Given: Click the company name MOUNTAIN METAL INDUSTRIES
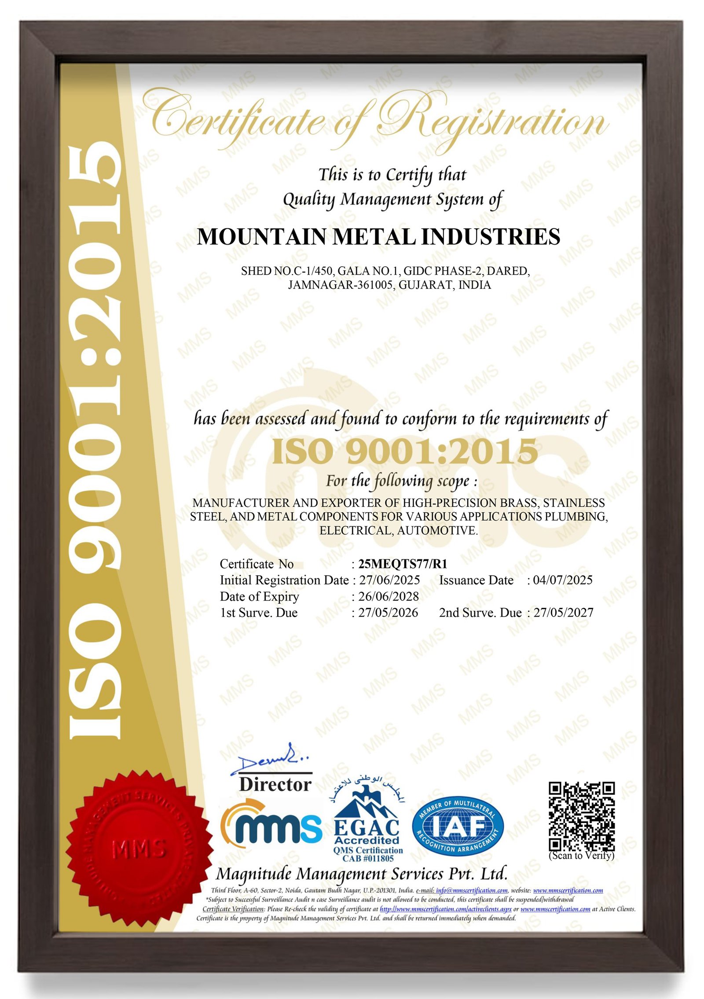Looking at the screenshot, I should point(378,237).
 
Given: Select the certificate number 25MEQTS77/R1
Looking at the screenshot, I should point(403,564).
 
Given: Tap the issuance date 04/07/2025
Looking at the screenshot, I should point(563,580).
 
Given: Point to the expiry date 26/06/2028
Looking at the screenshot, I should point(389,596).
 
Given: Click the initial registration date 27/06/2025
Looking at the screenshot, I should point(389,580).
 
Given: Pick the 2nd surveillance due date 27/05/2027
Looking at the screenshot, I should point(563,613).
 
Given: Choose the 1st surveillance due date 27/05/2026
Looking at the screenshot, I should point(388,613).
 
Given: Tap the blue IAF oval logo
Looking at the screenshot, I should point(458,827).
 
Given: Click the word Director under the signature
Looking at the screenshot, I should point(275,785).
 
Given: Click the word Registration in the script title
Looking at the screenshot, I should point(493,119).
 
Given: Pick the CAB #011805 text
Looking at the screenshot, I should point(368,859).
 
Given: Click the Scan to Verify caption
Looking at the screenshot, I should point(581,856).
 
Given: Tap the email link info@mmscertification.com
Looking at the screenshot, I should point(472,891).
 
